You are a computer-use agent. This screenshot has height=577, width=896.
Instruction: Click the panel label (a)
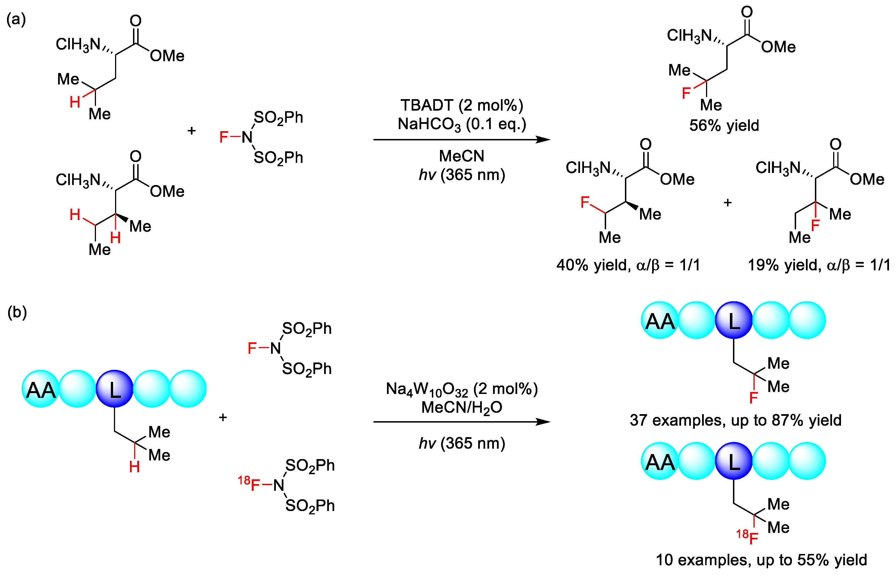[x=16, y=19]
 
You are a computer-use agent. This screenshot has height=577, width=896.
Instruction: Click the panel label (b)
[x=17, y=312]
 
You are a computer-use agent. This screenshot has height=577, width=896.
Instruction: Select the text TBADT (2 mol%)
[x=462, y=105]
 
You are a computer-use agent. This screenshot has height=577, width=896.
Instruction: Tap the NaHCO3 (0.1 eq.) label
[x=462, y=124]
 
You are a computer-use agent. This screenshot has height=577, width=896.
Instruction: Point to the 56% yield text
[x=724, y=126]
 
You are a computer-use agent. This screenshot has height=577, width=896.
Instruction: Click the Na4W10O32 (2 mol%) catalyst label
[x=462, y=389]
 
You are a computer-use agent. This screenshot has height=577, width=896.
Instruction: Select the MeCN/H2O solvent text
[x=462, y=408]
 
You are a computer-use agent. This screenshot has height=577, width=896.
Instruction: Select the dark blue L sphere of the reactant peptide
[x=114, y=389]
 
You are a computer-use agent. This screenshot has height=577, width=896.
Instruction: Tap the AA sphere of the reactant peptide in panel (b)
[x=40, y=389]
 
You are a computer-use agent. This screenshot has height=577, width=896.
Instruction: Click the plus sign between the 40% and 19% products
[x=728, y=203]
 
